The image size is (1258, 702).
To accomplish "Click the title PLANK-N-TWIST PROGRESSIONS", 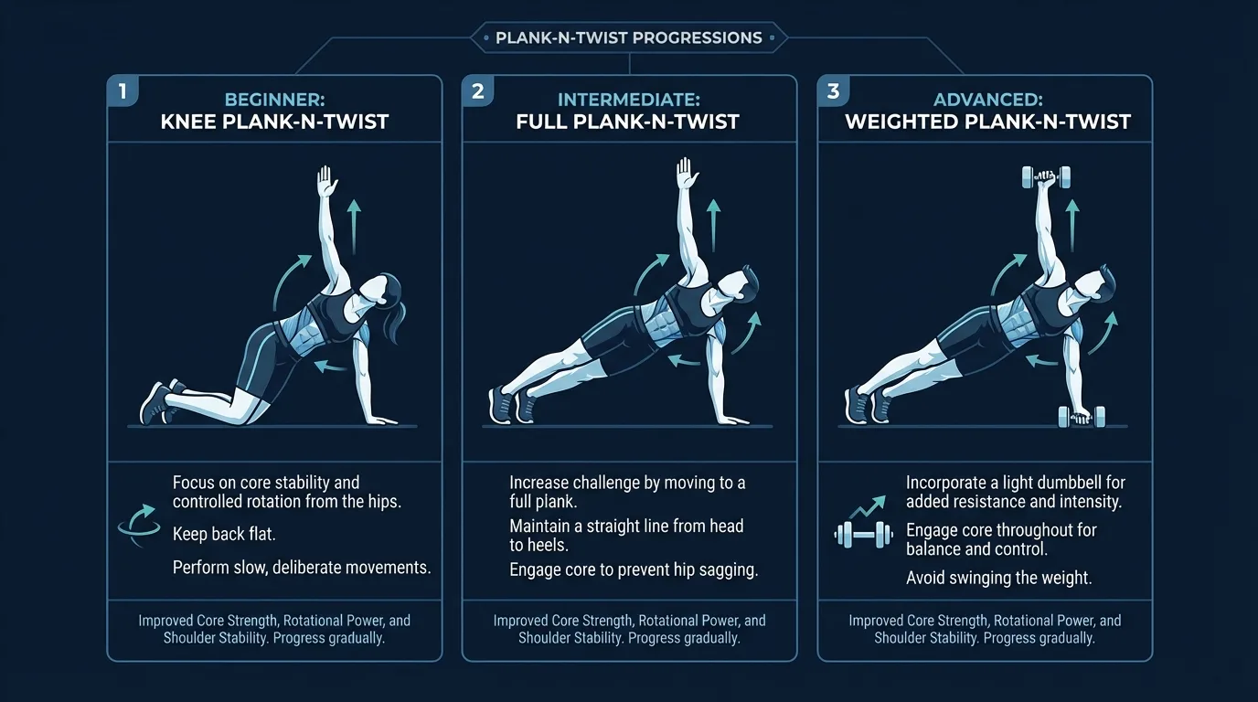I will pyautogui.click(x=628, y=38).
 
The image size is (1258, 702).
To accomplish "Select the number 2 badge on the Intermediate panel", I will pyautogui.click(x=477, y=91).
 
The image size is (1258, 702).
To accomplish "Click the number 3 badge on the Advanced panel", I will pyautogui.click(x=832, y=91).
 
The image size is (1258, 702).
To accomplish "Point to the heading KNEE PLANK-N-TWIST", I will pyautogui.click(x=274, y=122).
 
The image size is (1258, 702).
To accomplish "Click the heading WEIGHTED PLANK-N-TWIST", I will pyautogui.click(x=987, y=122).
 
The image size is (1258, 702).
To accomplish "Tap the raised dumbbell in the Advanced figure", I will pyautogui.click(x=1045, y=177).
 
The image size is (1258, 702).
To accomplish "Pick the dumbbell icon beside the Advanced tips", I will pyautogui.click(x=863, y=534).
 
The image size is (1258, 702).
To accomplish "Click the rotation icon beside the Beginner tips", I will pyautogui.click(x=138, y=529).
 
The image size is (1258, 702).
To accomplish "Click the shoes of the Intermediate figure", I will pyautogui.click(x=512, y=405).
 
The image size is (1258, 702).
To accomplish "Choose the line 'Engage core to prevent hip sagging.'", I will pyautogui.click(x=634, y=569).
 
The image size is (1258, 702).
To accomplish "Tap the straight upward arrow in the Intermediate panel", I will pyautogui.click(x=714, y=223).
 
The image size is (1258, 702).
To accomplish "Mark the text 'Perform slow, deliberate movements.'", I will pyautogui.click(x=302, y=568).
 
